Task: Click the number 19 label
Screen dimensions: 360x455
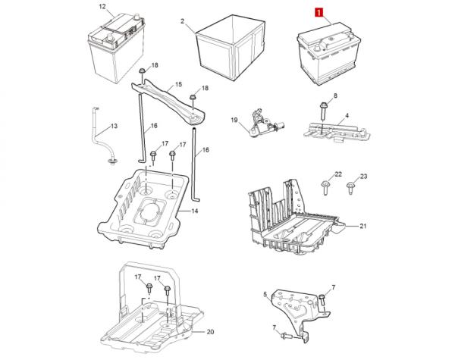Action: click(x=234, y=120)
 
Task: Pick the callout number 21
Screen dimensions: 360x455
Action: click(x=362, y=226)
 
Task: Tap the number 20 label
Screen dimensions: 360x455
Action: click(x=210, y=332)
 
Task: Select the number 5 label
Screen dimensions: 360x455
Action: click(x=265, y=294)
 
